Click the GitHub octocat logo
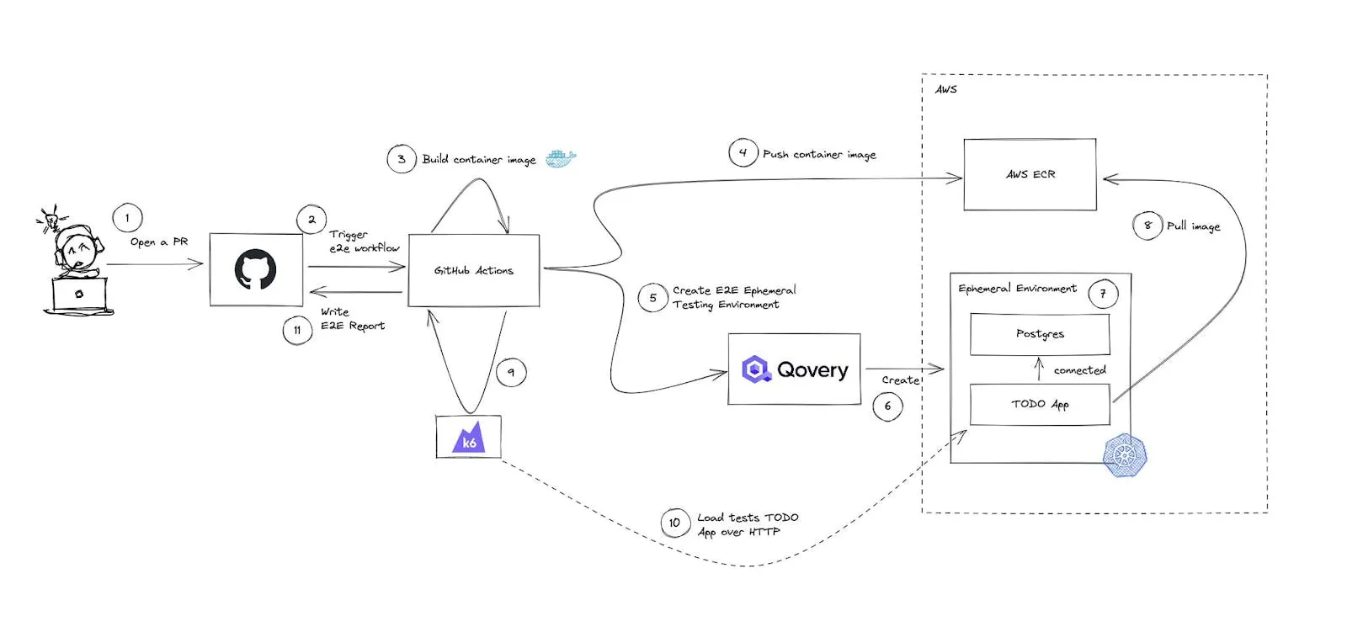pyautogui.click(x=256, y=269)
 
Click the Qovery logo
pyautogui.click(x=795, y=369)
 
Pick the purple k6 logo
pyautogui.click(x=468, y=437)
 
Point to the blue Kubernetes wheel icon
pyautogui.click(x=1125, y=455)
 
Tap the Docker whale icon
pyautogui.click(x=561, y=158)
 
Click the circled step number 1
pyautogui.click(x=127, y=218)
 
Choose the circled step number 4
pyautogui.click(x=743, y=152)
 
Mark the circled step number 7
pyautogui.click(x=1103, y=294)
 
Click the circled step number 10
pyautogui.click(x=674, y=523)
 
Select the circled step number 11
pyautogui.click(x=297, y=330)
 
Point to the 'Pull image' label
pyautogui.click(x=1194, y=226)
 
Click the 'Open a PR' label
pyautogui.click(x=159, y=242)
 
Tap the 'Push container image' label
pyautogui.click(x=819, y=155)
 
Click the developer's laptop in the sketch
pyautogui.click(x=79, y=295)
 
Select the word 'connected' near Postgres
pyautogui.click(x=1079, y=370)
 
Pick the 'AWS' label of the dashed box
pyautogui.click(x=946, y=89)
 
